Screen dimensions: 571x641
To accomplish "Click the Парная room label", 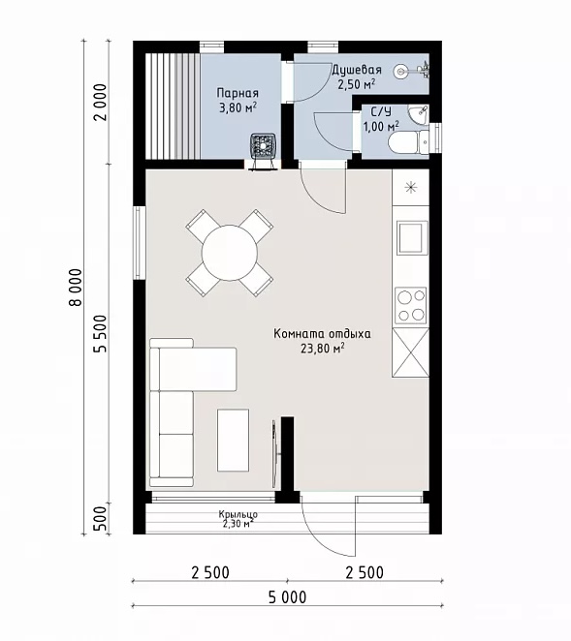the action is [x=238, y=93].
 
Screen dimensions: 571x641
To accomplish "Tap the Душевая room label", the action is [x=357, y=70].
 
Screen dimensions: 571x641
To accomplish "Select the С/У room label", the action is [x=381, y=111].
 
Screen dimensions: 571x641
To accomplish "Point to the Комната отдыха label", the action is [x=322, y=334].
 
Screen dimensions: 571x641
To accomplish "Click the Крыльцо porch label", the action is [x=238, y=514].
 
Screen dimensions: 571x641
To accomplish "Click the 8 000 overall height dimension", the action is [x=77, y=287].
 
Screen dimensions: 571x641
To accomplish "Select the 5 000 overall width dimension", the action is [x=287, y=597].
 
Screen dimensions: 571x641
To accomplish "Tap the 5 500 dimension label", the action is [x=100, y=334].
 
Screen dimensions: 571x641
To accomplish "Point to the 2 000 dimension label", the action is [x=100, y=103].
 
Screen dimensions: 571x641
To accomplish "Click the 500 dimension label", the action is [x=100, y=518].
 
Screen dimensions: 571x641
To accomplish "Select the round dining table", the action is [x=230, y=253].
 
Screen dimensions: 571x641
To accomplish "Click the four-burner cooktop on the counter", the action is [x=410, y=305].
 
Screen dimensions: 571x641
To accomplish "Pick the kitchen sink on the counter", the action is [x=411, y=238].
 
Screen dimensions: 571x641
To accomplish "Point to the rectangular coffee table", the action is [x=233, y=440].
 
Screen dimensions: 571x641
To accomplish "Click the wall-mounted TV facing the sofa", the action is [x=274, y=453].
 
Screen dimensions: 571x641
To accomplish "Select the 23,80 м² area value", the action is [x=322, y=349].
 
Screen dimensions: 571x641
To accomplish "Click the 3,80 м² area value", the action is [x=238, y=108].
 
